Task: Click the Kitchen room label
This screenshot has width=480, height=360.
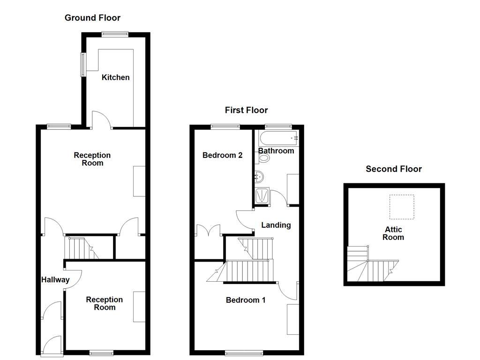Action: (x=115, y=77)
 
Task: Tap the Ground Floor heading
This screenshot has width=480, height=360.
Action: (x=92, y=18)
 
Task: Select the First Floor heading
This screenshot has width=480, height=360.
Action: (x=246, y=110)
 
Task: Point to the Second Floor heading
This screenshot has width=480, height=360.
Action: (x=394, y=169)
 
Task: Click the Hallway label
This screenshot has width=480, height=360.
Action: (x=55, y=280)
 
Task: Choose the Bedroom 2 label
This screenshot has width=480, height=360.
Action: (x=222, y=155)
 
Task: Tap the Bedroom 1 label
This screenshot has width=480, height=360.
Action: (x=246, y=300)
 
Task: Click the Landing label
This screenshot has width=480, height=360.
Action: (x=276, y=225)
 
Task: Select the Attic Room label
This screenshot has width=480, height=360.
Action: (x=393, y=233)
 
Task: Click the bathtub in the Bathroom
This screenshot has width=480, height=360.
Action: (x=278, y=138)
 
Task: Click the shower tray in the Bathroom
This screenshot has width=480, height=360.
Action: (x=262, y=195)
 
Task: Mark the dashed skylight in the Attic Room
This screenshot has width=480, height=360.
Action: (x=402, y=207)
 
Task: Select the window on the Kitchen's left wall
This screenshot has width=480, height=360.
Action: (x=83, y=65)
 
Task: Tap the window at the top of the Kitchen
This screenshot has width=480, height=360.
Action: (x=115, y=34)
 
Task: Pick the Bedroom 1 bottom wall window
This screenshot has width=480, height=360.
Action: (x=241, y=353)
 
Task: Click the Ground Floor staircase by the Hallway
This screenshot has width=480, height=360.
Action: (x=81, y=248)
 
